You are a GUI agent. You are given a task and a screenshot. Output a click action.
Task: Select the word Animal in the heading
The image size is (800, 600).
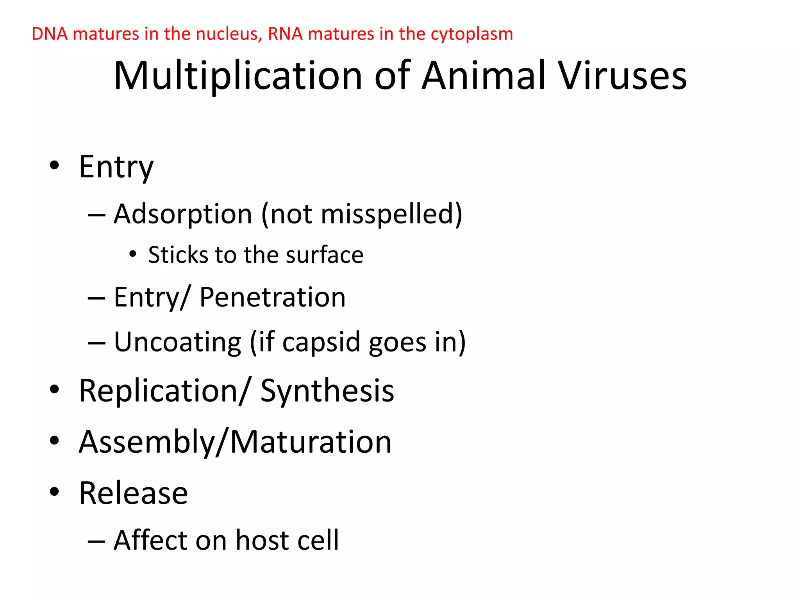(x=483, y=76)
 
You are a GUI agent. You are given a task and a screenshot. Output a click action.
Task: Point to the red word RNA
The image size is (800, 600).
(x=285, y=34)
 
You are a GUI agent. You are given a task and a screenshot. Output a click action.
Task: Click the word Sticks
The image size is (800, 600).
(x=178, y=255)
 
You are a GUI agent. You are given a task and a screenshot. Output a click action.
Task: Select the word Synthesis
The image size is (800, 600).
(x=327, y=391)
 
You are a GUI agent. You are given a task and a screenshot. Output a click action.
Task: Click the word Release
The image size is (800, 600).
(x=133, y=493)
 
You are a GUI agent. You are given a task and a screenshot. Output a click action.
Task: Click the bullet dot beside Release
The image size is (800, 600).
(x=54, y=492)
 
